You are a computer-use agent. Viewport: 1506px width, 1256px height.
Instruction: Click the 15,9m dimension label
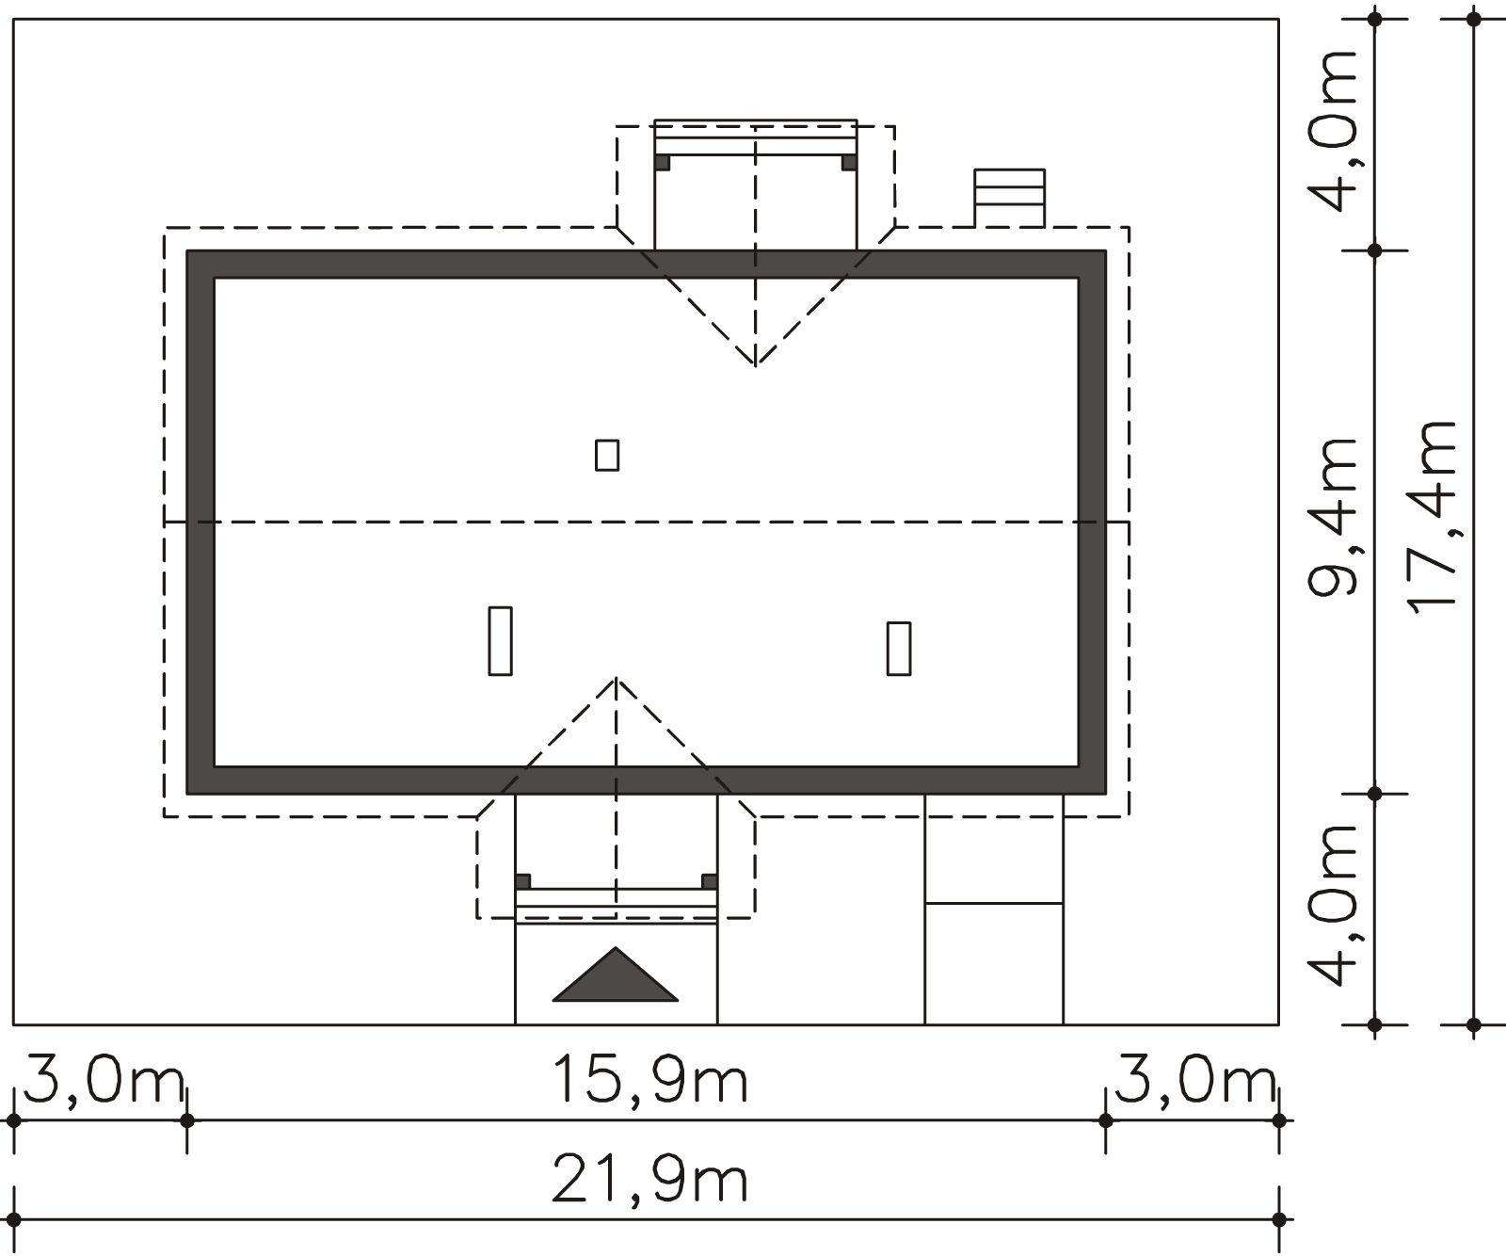649,1080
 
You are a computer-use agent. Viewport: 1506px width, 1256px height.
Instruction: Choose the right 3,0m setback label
1194,1080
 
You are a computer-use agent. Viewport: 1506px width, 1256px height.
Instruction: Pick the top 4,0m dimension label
1334,131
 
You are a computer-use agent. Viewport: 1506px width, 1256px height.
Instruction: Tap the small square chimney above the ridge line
607,456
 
